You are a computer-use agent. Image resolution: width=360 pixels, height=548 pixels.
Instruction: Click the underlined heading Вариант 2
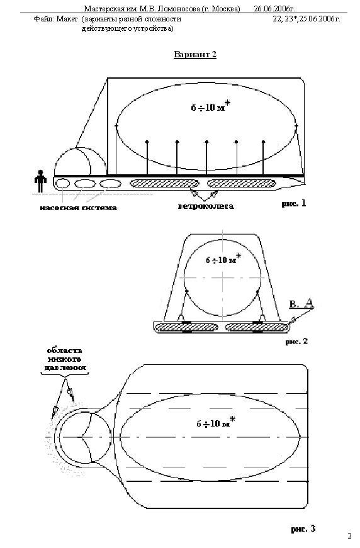(x=195, y=55)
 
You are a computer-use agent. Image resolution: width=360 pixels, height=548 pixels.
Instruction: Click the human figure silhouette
(x=40, y=181)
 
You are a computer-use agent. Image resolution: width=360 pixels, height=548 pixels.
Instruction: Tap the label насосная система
(x=78, y=208)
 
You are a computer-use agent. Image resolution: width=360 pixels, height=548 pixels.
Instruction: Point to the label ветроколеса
(x=206, y=206)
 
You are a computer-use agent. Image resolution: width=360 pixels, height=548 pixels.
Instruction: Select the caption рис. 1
(x=293, y=203)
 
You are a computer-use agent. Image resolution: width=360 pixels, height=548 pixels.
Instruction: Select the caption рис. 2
(x=296, y=342)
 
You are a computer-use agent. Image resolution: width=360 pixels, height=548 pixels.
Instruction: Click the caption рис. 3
(x=303, y=528)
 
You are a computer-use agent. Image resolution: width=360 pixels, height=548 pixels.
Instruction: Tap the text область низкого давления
(x=65, y=359)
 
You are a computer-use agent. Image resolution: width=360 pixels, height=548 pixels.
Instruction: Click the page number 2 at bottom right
(x=349, y=536)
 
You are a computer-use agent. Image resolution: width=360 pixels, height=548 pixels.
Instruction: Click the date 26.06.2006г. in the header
(x=274, y=9)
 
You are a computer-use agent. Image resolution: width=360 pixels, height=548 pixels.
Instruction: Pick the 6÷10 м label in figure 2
(x=223, y=259)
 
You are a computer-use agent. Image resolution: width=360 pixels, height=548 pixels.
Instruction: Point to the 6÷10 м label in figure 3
(x=216, y=423)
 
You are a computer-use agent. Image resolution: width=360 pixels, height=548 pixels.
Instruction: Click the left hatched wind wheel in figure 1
(x=164, y=183)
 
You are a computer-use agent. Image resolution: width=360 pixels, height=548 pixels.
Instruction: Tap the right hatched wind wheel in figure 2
(x=257, y=327)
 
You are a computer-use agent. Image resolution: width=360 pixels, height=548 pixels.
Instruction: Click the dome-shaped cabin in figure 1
(x=81, y=161)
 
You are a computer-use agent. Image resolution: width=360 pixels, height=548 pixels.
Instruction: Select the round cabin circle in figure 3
(x=84, y=437)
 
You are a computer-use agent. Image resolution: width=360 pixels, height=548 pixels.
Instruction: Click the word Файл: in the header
(x=43, y=19)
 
